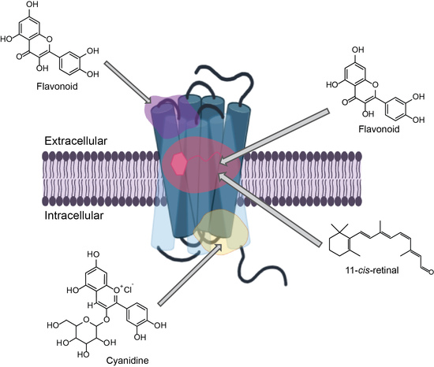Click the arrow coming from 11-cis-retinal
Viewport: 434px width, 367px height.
(277, 204)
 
